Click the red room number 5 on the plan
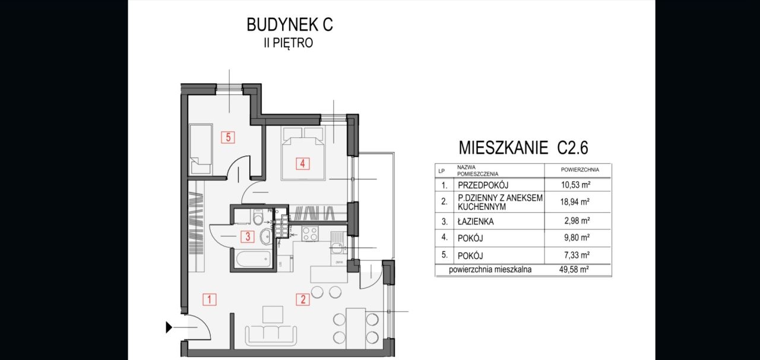(228, 137)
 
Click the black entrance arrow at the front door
(170, 326)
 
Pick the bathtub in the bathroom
(252, 259)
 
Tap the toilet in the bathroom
(257, 219)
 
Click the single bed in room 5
(200, 149)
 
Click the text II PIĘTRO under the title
(289, 43)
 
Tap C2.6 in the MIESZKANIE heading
(572, 147)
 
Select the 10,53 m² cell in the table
(575, 185)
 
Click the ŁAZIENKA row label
(476, 222)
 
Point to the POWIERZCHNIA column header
(579, 169)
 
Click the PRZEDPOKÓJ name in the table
(483, 185)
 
